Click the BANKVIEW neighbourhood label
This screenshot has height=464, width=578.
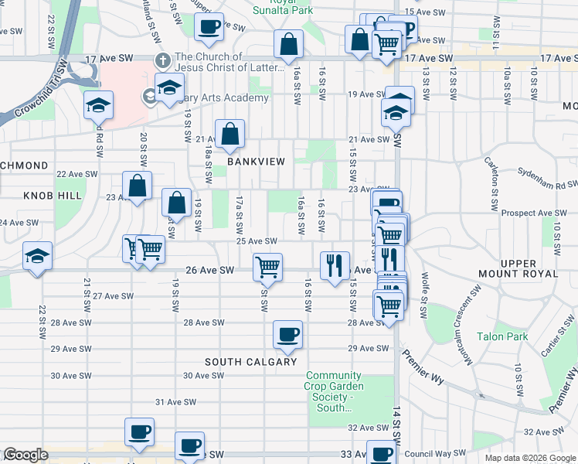pos(256,162)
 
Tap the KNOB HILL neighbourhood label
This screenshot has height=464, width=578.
pos(53,196)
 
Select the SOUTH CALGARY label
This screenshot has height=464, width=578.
pos(250,362)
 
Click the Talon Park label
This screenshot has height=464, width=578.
pos(501,336)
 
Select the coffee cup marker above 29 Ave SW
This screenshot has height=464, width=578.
pos(288,334)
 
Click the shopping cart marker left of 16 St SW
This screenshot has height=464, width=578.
pos(267,267)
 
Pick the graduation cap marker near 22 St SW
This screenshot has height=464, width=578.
pos(36,257)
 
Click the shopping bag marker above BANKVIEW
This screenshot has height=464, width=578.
pos(230,134)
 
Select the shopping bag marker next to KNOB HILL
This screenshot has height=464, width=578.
pos(137,186)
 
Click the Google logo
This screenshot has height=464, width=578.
pos(26,455)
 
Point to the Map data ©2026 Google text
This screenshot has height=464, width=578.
pos(530,458)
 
